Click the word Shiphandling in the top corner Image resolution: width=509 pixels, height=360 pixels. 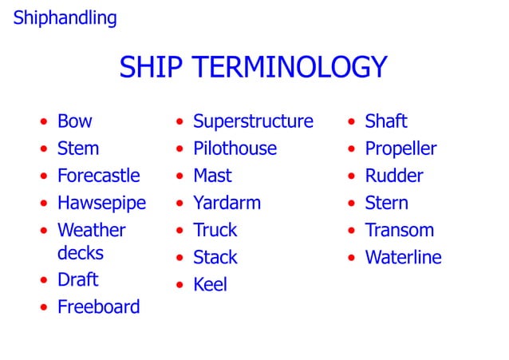[65, 18]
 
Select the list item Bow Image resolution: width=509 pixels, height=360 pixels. [74, 121]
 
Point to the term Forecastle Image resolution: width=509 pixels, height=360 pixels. [98, 176]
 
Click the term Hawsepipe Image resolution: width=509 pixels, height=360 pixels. [101, 203]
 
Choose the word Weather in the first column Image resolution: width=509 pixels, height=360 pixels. [91, 230]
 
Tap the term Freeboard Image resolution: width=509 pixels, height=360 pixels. [98, 307]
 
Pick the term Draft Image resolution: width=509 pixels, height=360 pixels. [77, 279]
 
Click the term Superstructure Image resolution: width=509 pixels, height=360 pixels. [253, 121]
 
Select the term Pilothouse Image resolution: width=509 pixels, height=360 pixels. [235, 148]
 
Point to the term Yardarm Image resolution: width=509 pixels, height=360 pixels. [227, 203]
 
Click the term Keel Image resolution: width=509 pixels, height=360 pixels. [210, 284]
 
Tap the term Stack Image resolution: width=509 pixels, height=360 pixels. [215, 257]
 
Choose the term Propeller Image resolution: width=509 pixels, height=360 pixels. [400, 148]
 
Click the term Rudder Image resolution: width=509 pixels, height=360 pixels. [393, 176]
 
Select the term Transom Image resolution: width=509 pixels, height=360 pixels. [399, 230]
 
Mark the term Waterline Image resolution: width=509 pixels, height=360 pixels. [403, 257]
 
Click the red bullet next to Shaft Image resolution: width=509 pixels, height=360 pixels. [351, 123]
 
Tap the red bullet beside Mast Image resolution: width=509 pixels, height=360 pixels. [180, 177]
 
